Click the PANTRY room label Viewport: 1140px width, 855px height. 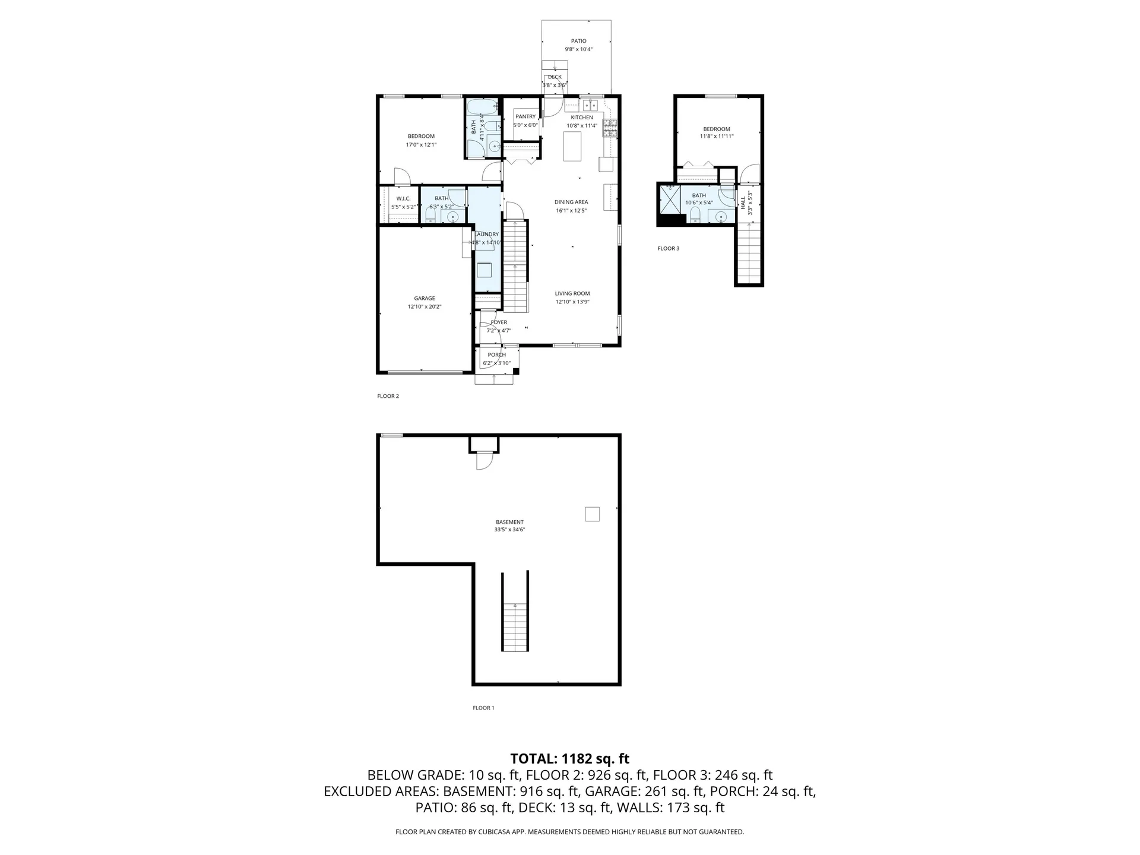coord(525,116)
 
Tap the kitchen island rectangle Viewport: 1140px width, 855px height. coord(572,146)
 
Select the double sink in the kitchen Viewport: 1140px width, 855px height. coord(590,106)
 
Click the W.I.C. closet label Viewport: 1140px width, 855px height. coord(403,198)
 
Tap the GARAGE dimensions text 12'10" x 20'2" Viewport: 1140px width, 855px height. coord(425,307)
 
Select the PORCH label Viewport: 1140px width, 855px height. coord(497,355)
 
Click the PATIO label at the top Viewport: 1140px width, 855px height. coord(578,41)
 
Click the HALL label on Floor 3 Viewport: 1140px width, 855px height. coord(743,202)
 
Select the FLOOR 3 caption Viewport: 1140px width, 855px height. coord(668,248)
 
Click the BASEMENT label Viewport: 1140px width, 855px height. coord(509,522)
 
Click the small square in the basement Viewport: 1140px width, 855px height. coord(592,514)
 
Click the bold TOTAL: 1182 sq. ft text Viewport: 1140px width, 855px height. coord(569,759)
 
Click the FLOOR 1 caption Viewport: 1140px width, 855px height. coord(483,708)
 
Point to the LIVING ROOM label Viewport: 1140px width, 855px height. coord(572,293)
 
